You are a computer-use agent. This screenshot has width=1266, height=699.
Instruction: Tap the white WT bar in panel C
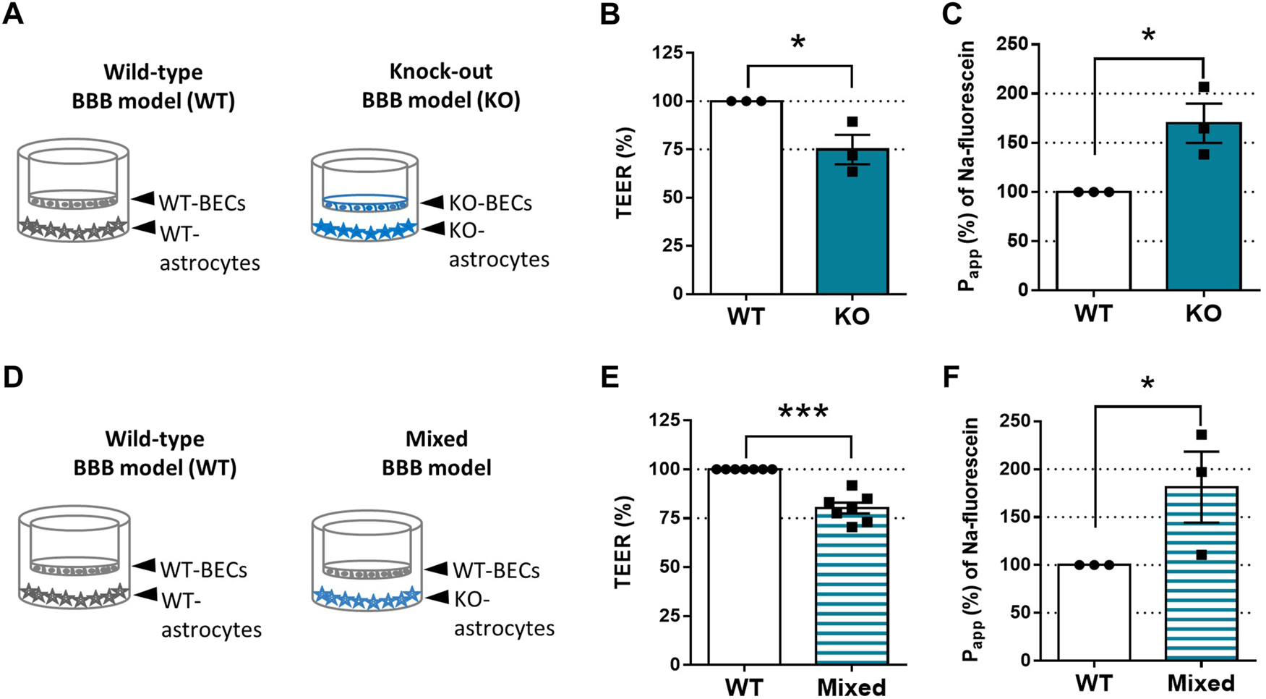point(1093,242)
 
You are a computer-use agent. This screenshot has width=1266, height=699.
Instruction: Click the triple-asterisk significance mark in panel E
point(803,412)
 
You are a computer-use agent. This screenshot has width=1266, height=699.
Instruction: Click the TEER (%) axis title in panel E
point(624,543)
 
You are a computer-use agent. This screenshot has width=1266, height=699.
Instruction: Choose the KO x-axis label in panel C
point(1203,313)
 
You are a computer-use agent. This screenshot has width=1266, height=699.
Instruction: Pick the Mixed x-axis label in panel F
point(1201,684)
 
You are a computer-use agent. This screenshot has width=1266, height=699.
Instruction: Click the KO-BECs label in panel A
point(490,204)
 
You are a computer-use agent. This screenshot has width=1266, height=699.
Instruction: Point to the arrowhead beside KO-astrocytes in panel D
point(436,598)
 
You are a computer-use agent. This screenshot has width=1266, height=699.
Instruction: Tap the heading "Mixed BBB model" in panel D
point(437,453)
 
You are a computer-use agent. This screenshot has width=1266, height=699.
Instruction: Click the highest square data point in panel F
point(1202,435)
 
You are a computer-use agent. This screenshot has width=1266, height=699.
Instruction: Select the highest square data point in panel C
point(1203,88)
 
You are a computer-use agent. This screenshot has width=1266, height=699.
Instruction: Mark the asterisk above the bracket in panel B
point(798,42)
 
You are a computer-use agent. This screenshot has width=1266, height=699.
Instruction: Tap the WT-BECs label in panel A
point(202,203)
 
